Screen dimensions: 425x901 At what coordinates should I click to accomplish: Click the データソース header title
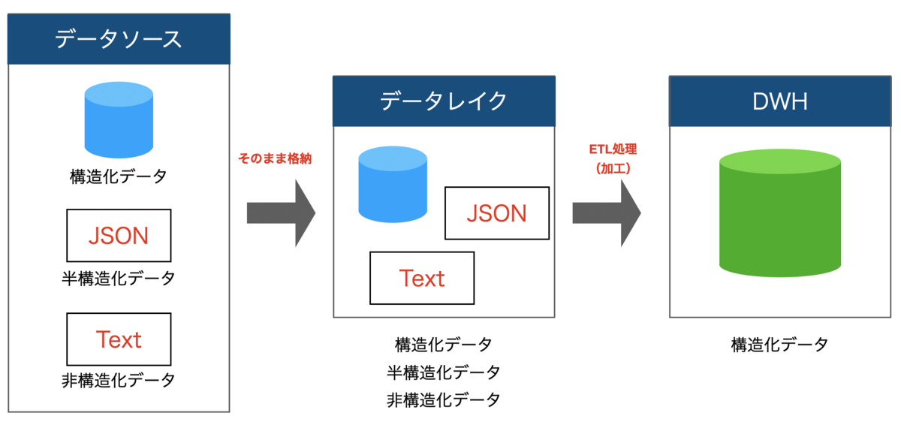coord(119,39)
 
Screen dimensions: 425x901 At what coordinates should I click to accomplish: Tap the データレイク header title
coord(444,101)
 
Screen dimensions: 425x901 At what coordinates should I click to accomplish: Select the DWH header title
coord(779,101)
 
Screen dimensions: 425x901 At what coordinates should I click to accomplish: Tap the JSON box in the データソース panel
coord(119,236)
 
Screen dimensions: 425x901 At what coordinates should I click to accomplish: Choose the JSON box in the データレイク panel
coord(496,213)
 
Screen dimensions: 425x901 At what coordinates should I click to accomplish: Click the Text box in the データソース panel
coord(119,339)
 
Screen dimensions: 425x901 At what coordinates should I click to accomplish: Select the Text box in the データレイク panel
coord(422,278)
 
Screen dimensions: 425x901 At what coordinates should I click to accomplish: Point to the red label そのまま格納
coord(275,158)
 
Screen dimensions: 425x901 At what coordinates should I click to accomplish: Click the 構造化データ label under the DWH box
coord(779,345)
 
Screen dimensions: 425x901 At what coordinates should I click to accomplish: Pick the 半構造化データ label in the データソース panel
coord(119,278)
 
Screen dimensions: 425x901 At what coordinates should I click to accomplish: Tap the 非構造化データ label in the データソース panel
coord(119,380)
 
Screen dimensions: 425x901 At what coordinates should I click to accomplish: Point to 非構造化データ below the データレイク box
coord(444,399)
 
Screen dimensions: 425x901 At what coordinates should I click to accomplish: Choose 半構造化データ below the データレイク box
coord(444,372)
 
